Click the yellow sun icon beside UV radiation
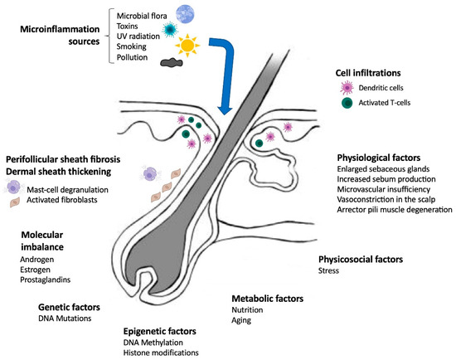[x=189, y=42]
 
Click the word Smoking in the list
[x=138, y=48]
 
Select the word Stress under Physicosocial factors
[x=329, y=271]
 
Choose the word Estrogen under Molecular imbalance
[x=36, y=270]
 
